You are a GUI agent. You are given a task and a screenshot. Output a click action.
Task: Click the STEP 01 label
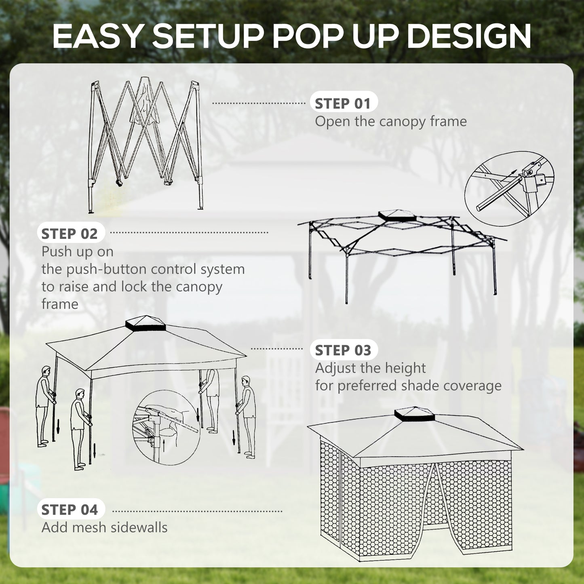pos(343,103)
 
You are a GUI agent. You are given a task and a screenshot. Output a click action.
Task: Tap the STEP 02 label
pos(70,234)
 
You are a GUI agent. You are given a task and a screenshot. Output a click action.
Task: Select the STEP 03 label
pos(343,350)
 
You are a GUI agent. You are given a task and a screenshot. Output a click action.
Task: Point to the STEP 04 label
pos(70,510)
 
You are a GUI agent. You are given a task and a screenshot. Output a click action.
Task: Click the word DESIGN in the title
pos(469,37)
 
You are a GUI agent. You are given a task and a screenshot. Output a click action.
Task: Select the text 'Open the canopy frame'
pos(390,121)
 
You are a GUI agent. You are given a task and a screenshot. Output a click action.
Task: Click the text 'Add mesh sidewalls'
pos(104,527)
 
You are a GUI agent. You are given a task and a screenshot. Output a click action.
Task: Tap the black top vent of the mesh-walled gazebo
pos(414,414)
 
